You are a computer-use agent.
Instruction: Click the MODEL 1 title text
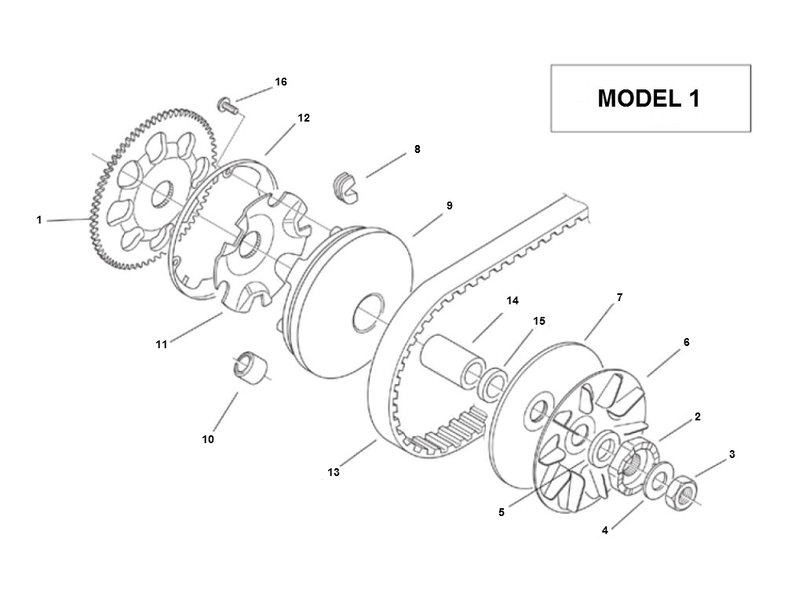click(x=649, y=98)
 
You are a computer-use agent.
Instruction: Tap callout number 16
click(x=281, y=82)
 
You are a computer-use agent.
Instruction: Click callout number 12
click(x=304, y=118)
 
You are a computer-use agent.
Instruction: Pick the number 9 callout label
click(x=449, y=205)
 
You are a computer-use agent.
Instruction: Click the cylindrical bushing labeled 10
click(x=250, y=368)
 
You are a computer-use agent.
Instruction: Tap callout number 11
click(x=162, y=344)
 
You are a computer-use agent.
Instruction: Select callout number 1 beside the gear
click(x=39, y=220)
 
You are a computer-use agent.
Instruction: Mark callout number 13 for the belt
click(x=334, y=472)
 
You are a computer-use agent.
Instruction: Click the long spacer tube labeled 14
click(x=451, y=360)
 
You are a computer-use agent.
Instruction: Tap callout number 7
click(x=619, y=297)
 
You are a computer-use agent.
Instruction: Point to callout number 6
click(x=686, y=342)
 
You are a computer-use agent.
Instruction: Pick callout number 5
click(x=501, y=512)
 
